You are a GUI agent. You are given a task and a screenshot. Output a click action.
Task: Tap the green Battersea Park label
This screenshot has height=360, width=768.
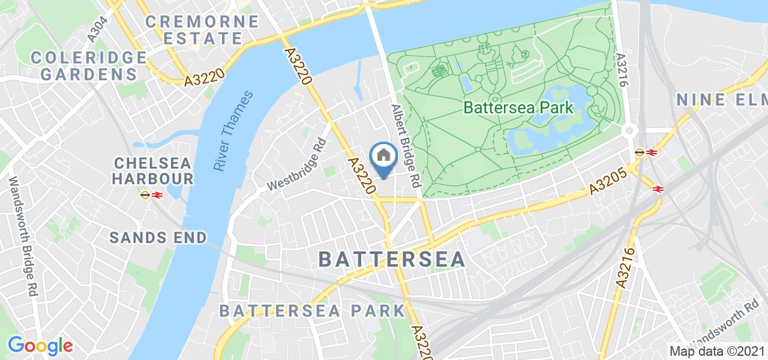tap(518, 108)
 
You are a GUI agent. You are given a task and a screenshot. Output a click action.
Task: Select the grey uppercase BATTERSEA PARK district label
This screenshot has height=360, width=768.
tap(312, 311)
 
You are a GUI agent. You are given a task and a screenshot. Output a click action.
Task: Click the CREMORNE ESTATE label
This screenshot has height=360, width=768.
tap(202, 30)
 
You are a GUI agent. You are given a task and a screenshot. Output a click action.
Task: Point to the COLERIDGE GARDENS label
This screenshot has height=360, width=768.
tap(89, 66)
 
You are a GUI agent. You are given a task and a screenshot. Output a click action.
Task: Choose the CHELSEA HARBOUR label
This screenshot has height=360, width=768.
tap(153, 171)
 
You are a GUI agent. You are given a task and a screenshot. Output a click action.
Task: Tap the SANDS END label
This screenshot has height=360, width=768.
tap(158, 238)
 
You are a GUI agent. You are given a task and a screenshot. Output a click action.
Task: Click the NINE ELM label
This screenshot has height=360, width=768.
tap(721, 100)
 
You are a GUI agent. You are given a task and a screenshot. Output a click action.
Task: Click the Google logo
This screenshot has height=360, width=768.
tap(40, 346)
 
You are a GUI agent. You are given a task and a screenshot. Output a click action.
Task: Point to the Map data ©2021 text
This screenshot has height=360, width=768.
tap(716, 352)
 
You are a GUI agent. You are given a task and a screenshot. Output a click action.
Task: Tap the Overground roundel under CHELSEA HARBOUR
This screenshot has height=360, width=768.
tap(145, 194)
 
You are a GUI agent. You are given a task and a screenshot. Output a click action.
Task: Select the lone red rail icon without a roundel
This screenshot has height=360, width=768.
tap(658, 189)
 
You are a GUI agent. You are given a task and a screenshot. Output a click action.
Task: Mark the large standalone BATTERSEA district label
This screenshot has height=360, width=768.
tap(391, 259)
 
